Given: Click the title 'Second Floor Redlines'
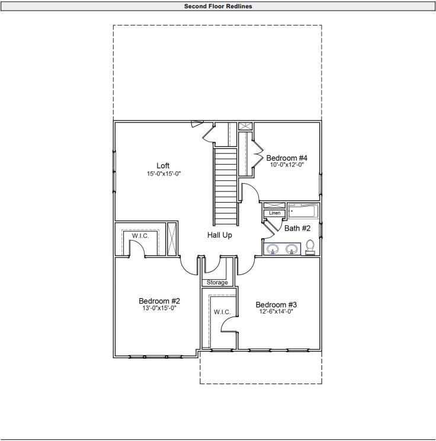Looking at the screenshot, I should click(x=217, y=6).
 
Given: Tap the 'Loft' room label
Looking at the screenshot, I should click(x=163, y=165).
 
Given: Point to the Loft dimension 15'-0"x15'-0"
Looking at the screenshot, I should click(x=163, y=174).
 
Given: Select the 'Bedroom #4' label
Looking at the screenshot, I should click(x=287, y=158).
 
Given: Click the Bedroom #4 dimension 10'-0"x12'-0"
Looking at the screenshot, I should click(x=287, y=165).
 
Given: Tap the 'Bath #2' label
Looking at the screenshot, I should click(x=297, y=228).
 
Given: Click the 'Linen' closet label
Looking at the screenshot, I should click(x=274, y=213).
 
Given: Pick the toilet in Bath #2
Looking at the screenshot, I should click(x=310, y=247).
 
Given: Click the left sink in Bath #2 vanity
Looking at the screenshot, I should click(x=273, y=249).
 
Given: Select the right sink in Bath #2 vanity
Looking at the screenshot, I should click(x=291, y=249).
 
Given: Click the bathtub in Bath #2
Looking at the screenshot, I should click(x=303, y=210).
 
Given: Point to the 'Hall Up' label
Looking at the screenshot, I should click(x=219, y=235).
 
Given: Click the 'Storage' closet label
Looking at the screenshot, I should click(x=217, y=282).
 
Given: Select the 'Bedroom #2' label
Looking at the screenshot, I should click(x=159, y=300).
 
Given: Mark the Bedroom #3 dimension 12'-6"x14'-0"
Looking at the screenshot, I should click(x=275, y=312).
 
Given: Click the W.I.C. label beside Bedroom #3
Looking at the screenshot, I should click(x=222, y=312).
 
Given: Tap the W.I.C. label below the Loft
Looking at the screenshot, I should click(x=140, y=236).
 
